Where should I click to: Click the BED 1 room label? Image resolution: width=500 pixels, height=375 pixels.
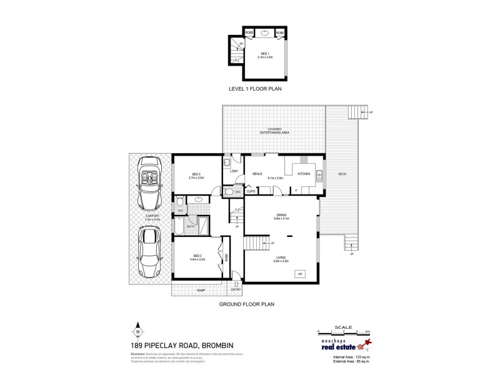tap(265, 53)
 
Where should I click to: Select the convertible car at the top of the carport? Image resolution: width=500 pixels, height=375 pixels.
tap(149, 184)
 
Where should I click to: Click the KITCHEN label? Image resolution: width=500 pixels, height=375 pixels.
tap(304, 173)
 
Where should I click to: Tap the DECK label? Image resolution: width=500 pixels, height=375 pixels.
tap(342, 173)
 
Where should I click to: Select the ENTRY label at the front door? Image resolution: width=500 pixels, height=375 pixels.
tap(236, 289)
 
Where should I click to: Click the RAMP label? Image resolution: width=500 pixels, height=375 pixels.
tap(201, 290)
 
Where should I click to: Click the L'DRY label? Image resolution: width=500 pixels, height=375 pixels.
tap(234, 172)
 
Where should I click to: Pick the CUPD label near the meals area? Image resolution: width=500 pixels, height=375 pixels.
tap(250, 191)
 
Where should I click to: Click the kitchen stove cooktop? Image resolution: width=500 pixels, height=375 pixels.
tap(304, 159)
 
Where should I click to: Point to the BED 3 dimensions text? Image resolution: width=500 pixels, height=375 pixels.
tap(196, 177)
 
